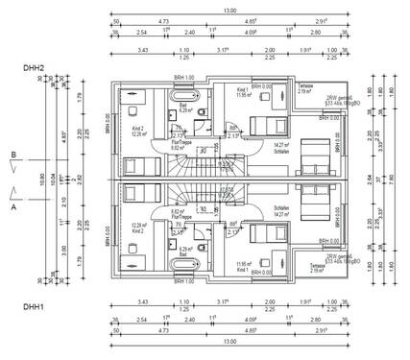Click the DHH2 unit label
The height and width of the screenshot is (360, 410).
36,68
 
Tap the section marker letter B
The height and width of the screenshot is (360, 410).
13,154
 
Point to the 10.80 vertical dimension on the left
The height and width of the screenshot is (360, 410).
41,179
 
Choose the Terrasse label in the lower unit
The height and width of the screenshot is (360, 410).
344,269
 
